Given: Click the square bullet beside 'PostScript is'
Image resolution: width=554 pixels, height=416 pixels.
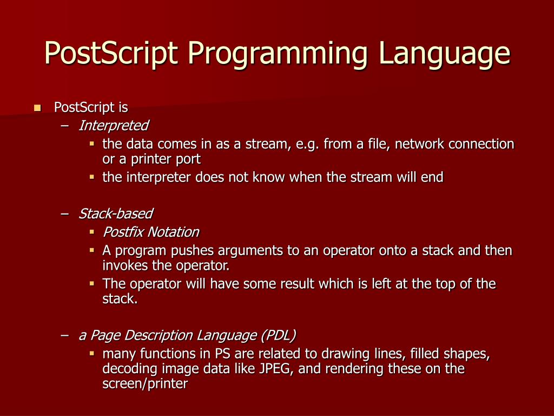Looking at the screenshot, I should point(37,108).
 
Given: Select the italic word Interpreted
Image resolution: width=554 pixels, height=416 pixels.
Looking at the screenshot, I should point(113,126).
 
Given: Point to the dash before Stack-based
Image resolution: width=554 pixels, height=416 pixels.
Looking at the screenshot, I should point(65,213).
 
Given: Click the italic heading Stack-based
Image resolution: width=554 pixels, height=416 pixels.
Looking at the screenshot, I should point(115,213).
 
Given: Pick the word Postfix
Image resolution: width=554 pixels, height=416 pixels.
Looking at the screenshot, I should point(123,232).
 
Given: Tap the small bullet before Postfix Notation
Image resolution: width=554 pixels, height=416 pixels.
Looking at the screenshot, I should point(92,232).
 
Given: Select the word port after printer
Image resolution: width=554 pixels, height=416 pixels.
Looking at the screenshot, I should point(188,159).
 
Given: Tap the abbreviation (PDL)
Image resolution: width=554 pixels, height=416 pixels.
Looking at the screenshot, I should point(278,336).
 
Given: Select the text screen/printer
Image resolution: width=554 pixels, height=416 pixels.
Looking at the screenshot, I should point(145,384).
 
